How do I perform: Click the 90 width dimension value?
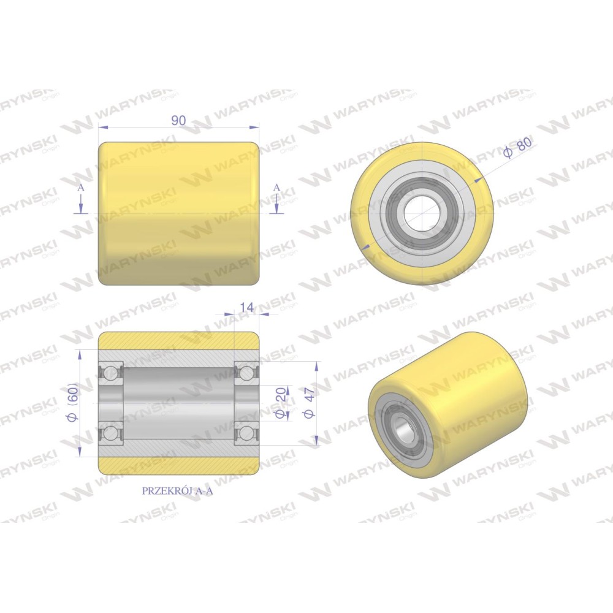click(x=178, y=120)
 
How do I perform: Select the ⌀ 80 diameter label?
click(x=518, y=147)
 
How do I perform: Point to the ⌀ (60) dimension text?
click(x=74, y=402)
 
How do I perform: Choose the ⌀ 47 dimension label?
click(x=309, y=403)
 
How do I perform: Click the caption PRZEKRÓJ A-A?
click(x=177, y=491)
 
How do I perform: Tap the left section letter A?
click(x=80, y=188)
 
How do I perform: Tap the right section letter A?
click(x=276, y=188)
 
